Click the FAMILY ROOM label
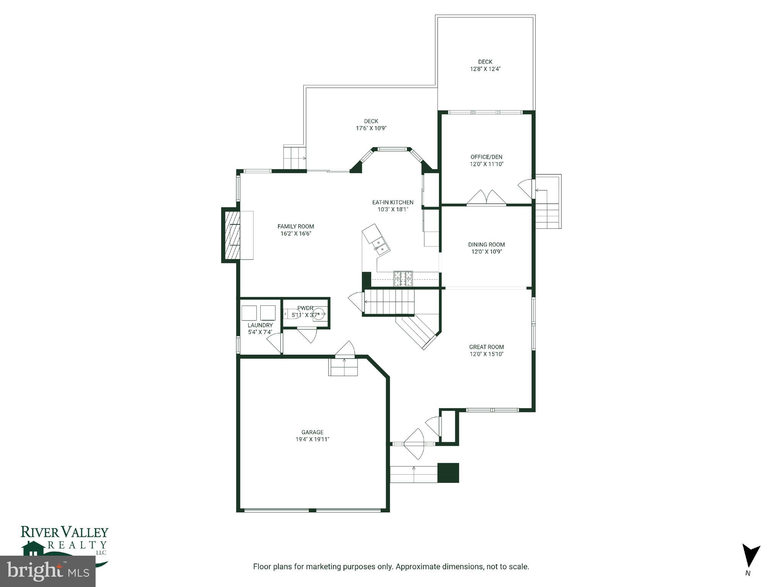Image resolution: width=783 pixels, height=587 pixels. tap(296, 227)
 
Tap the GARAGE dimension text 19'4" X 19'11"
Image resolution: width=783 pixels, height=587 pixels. tap(312, 439)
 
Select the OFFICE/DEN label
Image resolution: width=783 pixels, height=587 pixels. tap(486, 157)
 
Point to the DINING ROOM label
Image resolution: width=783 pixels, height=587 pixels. tap(486, 245)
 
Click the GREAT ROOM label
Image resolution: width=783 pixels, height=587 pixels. tap(486, 347)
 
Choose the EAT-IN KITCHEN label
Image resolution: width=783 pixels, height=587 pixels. tap(393, 203)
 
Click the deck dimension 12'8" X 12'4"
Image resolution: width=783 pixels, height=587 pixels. tap(485, 69)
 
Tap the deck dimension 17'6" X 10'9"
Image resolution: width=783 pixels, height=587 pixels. tap(371, 128)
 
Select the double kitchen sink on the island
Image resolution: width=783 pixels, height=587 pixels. tap(381, 246)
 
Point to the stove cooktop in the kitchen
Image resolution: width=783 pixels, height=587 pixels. tap(403, 279)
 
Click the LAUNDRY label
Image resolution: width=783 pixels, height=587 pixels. tap(260, 325)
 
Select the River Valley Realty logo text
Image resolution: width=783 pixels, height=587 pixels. tap(64, 532)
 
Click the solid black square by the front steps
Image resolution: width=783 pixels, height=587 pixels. tap(448, 473)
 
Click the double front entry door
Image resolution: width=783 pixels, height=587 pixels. tap(414, 444)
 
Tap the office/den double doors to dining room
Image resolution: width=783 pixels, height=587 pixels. tap(486, 198)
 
